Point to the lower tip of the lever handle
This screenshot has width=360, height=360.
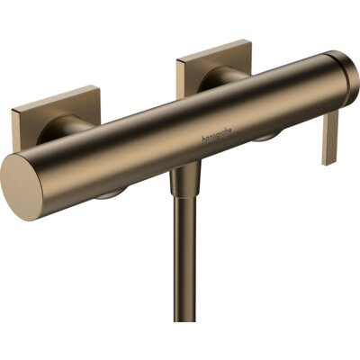[x=327, y=161]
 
